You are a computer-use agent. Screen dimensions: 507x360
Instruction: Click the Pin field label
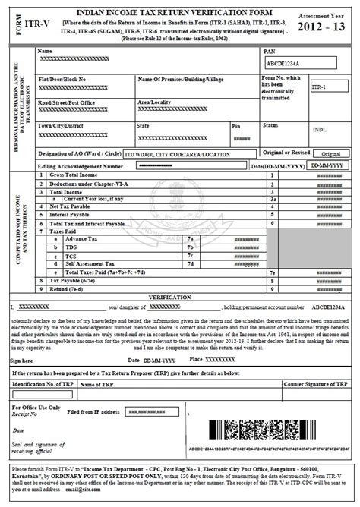(236, 125)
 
